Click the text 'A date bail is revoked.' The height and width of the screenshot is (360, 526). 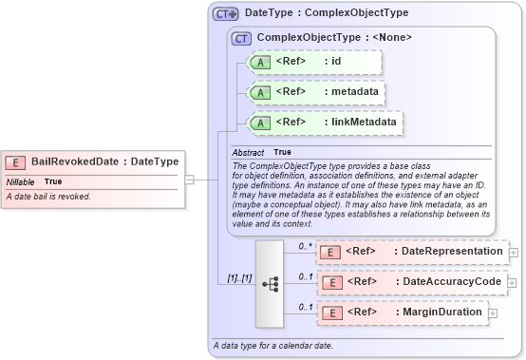point(48,197)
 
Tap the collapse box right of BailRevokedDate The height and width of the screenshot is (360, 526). point(189,179)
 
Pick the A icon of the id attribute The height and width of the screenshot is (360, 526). point(259,63)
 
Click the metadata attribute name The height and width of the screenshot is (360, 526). point(352,92)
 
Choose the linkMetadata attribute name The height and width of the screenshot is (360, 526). point(361,123)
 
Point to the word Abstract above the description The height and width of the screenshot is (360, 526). point(249,152)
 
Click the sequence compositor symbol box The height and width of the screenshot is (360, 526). point(270,283)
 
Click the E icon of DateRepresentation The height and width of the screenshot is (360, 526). point(329,252)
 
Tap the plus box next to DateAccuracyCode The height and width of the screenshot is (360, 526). point(514,283)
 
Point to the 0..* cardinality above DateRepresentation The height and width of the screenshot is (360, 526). point(305,245)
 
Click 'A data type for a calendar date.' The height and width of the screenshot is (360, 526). point(272,345)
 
